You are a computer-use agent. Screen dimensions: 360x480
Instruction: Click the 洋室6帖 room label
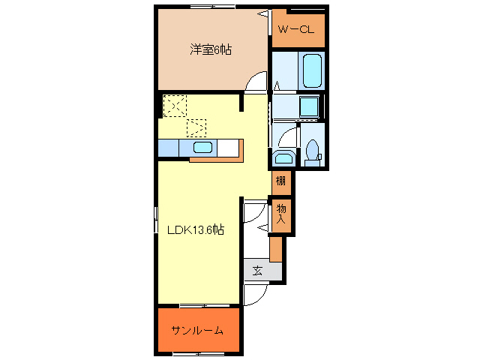pyautogui.click(x=210, y=50)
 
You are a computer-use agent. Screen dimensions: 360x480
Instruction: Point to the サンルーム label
pyautogui.click(x=196, y=331)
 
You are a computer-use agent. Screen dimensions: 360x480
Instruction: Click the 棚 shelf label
pyautogui.click(x=280, y=180)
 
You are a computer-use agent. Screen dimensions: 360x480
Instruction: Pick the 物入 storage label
pyautogui.click(x=280, y=213)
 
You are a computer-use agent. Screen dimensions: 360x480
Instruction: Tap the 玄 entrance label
pyautogui.click(x=257, y=271)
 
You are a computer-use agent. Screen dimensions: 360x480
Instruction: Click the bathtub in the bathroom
pyautogui.click(x=312, y=70)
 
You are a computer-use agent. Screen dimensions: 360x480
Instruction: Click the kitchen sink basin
pyautogui.click(x=202, y=148)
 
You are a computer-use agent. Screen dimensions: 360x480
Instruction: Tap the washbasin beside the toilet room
pyautogui.click(x=283, y=157)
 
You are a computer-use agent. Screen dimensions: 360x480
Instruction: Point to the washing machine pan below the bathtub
pyautogui.click(x=309, y=106)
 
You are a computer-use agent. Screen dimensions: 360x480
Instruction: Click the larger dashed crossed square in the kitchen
pyautogui.click(x=175, y=105)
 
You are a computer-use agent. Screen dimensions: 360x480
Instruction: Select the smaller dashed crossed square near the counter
pyautogui.click(x=196, y=127)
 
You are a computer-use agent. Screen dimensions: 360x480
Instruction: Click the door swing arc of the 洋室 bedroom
pyautogui.click(x=256, y=81)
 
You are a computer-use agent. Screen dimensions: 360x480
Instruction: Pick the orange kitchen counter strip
pyautogui.click(x=217, y=159)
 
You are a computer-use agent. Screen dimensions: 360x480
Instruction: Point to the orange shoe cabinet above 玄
pyautogui.click(x=275, y=248)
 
